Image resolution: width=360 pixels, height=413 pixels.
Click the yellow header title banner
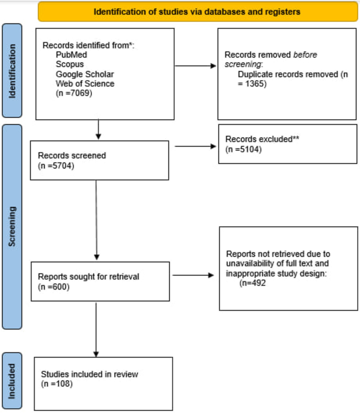tap(197, 12)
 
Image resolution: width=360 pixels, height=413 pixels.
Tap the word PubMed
tap(71, 55)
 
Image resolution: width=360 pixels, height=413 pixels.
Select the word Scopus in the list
tap(70, 64)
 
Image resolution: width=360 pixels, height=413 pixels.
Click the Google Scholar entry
tap(85, 74)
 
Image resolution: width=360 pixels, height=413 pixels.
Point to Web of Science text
tap(85, 84)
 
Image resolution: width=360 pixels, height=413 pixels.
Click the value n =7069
tap(74, 93)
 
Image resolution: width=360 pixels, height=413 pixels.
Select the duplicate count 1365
tap(255, 84)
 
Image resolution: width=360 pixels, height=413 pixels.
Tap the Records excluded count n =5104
tap(243, 149)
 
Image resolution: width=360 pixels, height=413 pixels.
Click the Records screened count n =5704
tap(56, 166)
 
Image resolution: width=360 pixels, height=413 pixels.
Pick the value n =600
tap(54, 287)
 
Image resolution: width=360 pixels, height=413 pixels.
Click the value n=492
tap(253, 283)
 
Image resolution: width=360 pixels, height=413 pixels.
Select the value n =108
tap(57, 384)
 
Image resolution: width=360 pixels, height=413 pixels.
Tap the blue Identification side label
tap(12, 71)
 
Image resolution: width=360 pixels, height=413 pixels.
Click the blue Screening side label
tap(12, 227)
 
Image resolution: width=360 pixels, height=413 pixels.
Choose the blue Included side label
tap(12, 381)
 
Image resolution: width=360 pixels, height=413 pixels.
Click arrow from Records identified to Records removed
tap(195, 66)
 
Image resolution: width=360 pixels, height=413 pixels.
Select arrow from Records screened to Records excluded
tap(195, 146)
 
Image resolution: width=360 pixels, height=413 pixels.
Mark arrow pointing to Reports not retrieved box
tap(193, 275)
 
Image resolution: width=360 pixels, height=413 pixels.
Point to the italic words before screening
tap(271, 59)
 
